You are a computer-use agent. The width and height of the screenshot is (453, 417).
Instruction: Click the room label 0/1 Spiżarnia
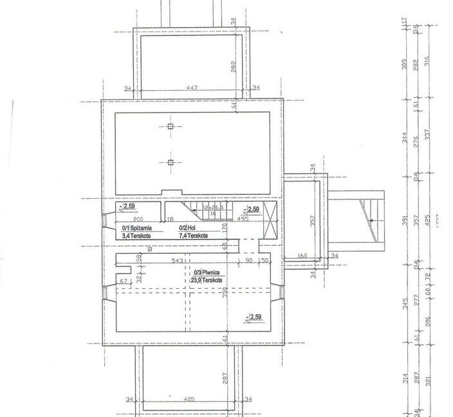(137, 228)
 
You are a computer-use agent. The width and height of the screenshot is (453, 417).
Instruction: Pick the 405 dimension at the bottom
(189, 400)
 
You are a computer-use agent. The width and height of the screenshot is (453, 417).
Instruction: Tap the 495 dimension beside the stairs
(243, 219)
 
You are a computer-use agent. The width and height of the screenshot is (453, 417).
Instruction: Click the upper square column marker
(171, 126)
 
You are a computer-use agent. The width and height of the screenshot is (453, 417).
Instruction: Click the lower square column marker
(171, 162)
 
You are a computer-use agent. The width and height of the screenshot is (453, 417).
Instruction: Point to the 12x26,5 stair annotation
(214, 208)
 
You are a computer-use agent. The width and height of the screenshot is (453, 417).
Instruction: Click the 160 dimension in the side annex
(303, 255)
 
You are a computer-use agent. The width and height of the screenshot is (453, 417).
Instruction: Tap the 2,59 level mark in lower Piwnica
(254, 317)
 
